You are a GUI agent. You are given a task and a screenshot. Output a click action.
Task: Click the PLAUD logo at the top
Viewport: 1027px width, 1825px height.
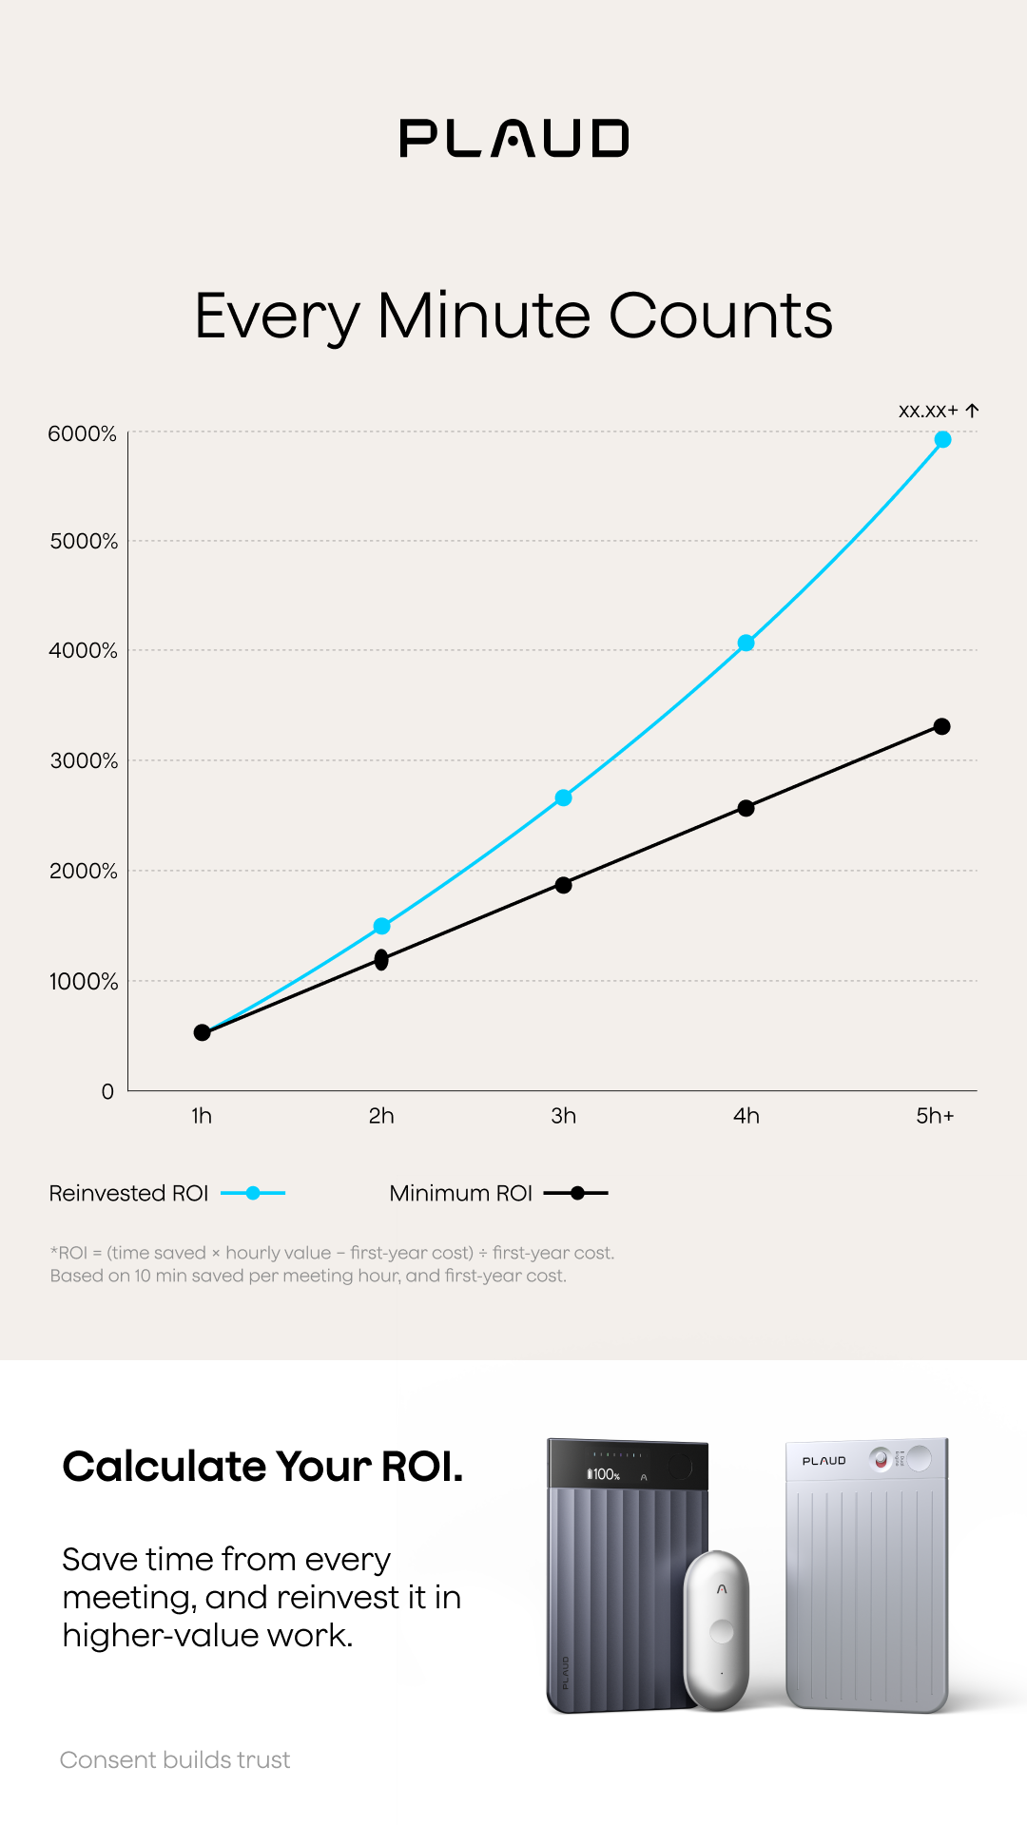[513, 138]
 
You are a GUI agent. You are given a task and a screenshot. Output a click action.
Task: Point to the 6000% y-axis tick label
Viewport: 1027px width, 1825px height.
[83, 434]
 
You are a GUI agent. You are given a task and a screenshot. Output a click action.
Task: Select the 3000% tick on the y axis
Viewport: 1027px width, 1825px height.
[84, 761]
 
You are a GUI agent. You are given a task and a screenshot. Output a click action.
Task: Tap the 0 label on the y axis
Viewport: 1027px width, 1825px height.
[108, 1092]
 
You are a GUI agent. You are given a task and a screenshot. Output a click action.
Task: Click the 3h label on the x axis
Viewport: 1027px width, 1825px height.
[564, 1116]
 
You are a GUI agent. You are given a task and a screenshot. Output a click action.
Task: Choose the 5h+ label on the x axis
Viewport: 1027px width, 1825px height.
[935, 1116]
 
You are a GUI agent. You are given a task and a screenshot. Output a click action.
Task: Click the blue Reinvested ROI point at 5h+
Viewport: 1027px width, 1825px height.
[942, 439]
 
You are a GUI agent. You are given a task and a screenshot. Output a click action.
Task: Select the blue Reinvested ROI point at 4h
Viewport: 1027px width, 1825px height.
[746, 643]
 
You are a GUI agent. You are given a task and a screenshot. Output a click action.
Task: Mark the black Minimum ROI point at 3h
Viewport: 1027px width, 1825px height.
[564, 885]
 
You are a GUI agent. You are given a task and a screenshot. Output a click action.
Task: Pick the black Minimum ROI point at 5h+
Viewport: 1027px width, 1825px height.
[942, 726]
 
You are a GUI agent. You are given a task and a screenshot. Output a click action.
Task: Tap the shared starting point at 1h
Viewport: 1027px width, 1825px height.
[202, 1032]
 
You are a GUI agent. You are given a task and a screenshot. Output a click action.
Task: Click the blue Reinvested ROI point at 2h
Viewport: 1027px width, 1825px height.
[381, 926]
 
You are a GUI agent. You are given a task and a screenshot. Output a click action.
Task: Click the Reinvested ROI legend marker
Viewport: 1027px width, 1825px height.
[253, 1193]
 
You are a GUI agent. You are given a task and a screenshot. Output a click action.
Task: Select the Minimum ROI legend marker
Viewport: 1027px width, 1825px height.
[576, 1193]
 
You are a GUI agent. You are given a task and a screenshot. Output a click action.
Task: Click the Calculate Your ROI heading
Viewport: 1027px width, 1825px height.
[262, 1467]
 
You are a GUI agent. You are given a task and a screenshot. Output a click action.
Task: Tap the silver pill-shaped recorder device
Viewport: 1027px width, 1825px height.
[718, 1629]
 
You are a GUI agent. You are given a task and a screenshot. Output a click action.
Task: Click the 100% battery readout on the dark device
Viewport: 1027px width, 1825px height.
[603, 1474]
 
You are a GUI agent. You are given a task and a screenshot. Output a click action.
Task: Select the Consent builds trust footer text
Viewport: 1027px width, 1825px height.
[175, 1759]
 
